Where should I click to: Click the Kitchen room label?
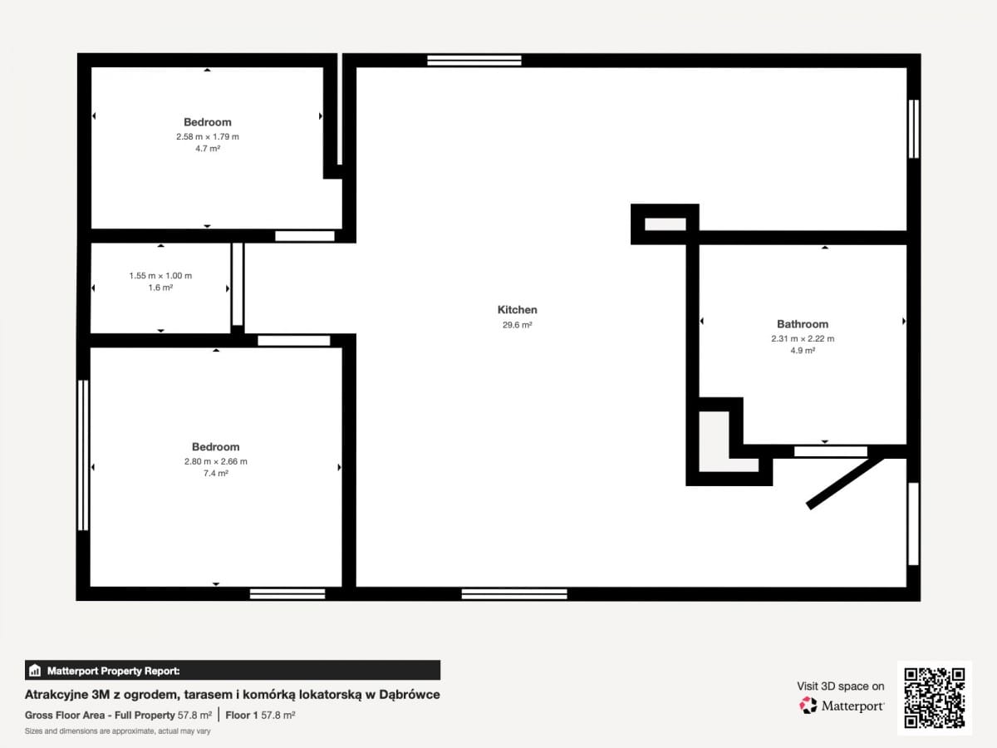(517, 310)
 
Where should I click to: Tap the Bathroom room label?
(802, 324)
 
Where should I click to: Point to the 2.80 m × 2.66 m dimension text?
(216, 461)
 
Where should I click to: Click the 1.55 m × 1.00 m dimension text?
(160, 276)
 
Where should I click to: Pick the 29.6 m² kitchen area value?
(517, 325)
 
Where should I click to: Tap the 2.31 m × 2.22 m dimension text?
(803, 338)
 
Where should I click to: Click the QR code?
(935, 698)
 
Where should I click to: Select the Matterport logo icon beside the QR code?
(808, 706)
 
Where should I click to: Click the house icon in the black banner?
(35, 671)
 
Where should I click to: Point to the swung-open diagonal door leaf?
(845, 483)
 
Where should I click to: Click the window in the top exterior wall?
(474, 61)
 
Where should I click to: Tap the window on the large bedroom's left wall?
(83, 455)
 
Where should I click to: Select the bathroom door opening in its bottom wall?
(831, 451)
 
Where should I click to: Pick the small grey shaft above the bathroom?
(665, 224)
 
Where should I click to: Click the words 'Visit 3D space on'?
(840, 686)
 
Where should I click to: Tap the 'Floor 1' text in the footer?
(242, 716)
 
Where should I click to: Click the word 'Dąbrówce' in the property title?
(410, 695)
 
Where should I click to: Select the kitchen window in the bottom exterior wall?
(514, 594)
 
